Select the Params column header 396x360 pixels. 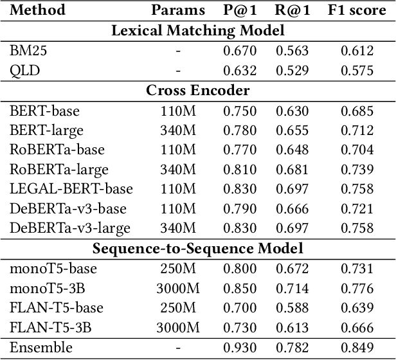pos(178,10)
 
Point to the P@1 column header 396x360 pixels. pos(240,10)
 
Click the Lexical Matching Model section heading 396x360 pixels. pos(198,30)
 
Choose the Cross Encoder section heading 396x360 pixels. pos(198,91)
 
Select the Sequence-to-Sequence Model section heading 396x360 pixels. pos(198,248)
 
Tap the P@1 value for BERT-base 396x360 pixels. pos(240,111)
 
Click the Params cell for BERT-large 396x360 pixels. pos(178,130)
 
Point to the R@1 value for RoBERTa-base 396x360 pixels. pos(292,150)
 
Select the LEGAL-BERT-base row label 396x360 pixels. pos(71,189)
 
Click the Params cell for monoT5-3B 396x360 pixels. pos(178,289)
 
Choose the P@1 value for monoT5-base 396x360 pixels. pos(240,269)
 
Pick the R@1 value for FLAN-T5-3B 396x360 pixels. pos(292,328)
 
